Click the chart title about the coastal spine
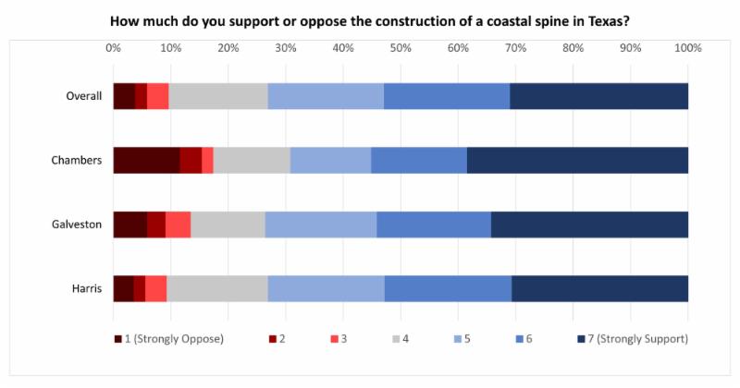(x=370, y=19)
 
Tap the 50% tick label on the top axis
(x=401, y=47)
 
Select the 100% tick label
(x=687, y=47)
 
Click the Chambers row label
(x=77, y=161)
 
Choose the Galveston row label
(x=76, y=224)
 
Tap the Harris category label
(x=84, y=289)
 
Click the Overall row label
(x=83, y=96)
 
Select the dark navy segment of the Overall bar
(x=598, y=96)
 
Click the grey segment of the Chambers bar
(x=252, y=161)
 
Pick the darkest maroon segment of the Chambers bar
(x=146, y=161)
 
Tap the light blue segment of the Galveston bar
(x=321, y=224)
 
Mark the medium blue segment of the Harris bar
(x=448, y=289)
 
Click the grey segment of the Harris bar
(x=217, y=289)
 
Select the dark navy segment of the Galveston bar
(x=589, y=224)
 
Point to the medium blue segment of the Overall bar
(x=447, y=96)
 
